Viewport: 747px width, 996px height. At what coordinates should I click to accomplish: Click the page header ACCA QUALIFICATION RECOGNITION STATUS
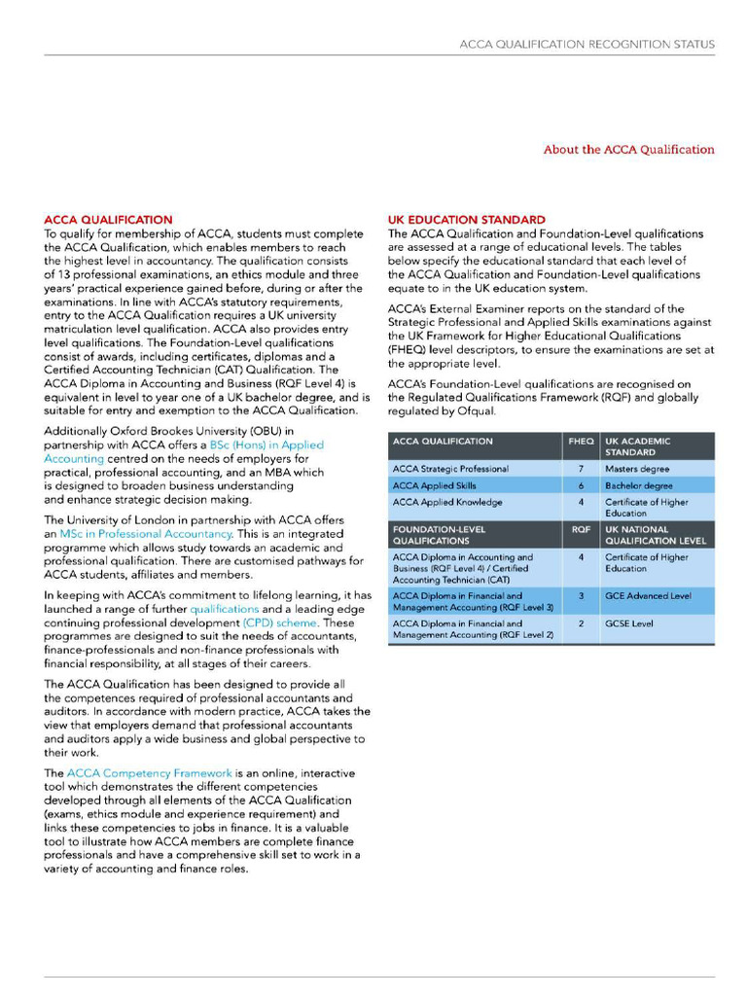pyautogui.click(x=587, y=45)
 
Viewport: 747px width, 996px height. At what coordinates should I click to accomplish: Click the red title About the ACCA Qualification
pyautogui.click(x=628, y=150)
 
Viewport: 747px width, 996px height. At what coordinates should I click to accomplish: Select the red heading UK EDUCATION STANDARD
pyautogui.click(x=466, y=220)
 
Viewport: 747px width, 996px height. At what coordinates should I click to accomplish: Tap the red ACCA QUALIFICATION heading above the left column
pyautogui.click(x=109, y=220)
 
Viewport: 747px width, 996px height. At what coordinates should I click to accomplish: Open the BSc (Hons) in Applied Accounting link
pyautogui.click(x=267, y=451)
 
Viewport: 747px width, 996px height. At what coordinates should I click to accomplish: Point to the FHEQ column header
pyautogui.click(x=581, y=442)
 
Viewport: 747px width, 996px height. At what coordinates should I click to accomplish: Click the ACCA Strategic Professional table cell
pyautogui.click(x=450, y=469)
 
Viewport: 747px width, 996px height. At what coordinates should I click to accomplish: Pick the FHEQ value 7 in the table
pyautogui.click(x=581, y=469)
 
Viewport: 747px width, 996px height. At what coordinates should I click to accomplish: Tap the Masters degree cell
pyautogui.click(x=637, y=469)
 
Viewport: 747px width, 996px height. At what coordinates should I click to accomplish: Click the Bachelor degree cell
pyautogui.click(x=638, y=485)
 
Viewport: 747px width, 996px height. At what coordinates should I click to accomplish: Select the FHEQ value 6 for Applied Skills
pyautogui.click(x=581, y=485)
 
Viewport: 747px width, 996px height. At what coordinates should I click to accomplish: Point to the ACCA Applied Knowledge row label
pyautogui.click(x=447, y=503)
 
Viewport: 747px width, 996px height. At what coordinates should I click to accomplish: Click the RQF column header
pyautogui.click(x=581, y=530)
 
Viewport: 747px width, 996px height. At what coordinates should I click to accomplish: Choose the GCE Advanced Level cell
pyautogui.click(x=648, y=596)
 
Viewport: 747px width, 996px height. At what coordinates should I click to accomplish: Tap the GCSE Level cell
pyautogui.click(x=629, y=623)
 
